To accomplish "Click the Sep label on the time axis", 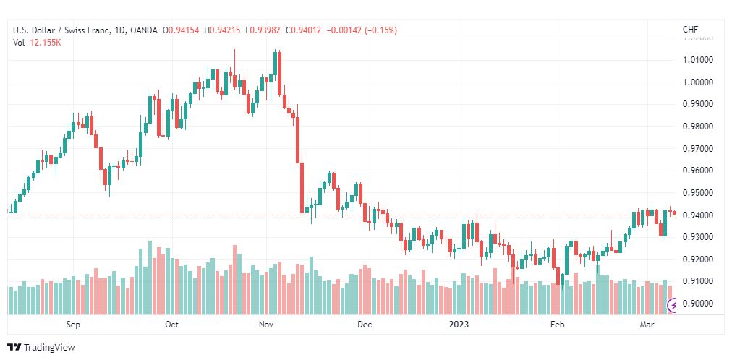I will (72, 325).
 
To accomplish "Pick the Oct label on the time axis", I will (171, 325).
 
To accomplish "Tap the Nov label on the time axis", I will (266, 325).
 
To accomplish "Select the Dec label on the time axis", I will (364, 325).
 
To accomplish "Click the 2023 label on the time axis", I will (459, 325).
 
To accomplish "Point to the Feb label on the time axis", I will (557, 325).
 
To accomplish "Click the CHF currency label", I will (690, 30).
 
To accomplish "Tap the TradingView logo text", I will (48, 348).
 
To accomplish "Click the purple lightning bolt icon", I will (672, 306).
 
